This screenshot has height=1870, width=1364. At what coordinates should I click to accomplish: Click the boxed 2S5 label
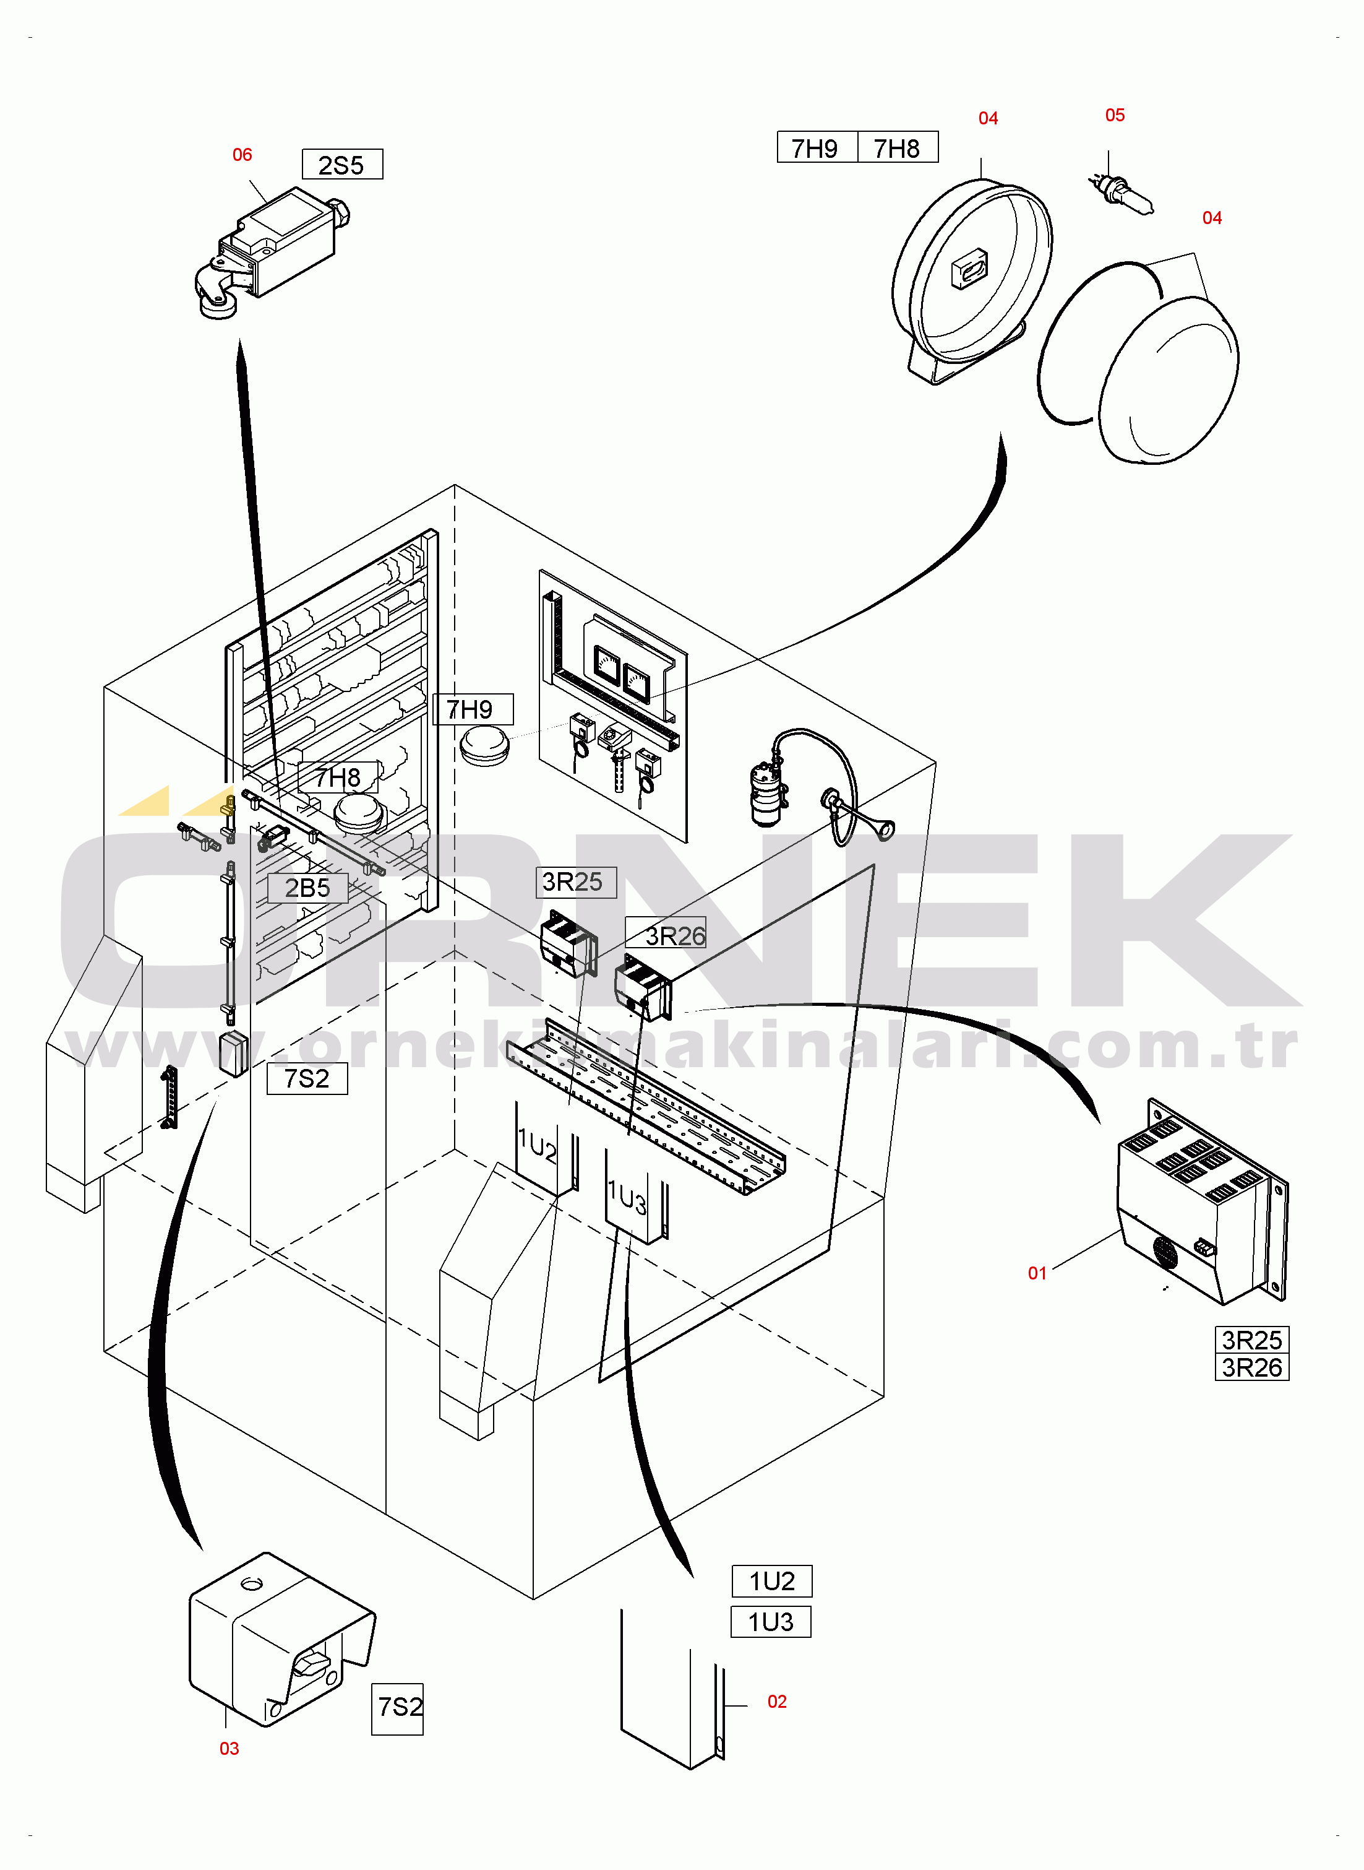[342, 165]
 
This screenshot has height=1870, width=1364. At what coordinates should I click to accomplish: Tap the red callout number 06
[242, 155]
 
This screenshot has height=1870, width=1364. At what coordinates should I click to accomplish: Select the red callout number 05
[1115, 115]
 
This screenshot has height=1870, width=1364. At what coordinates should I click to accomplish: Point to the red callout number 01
[1037, 1273]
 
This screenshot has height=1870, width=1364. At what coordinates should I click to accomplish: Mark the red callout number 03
[229, 1748]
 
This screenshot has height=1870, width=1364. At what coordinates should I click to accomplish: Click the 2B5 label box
[307, 888]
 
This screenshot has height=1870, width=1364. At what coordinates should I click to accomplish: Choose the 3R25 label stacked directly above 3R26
[1251, 1340]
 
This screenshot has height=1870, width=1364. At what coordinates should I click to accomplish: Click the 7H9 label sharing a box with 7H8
[815, 148]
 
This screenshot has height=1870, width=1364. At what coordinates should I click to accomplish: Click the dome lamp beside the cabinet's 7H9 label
[484, 746]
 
